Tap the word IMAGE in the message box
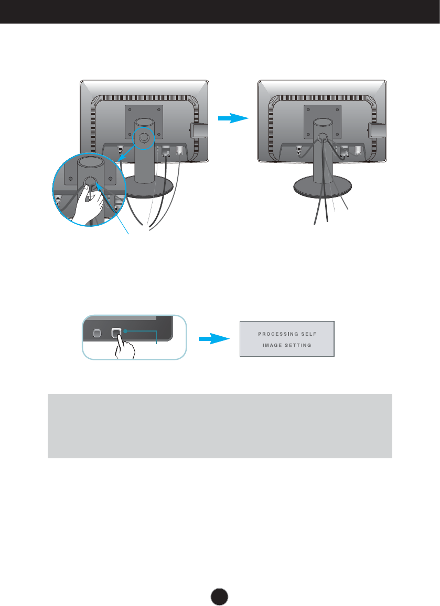(273, 345)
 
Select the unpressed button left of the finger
(96, 333)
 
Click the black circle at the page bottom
(220, 594)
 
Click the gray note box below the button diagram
(220, 426)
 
